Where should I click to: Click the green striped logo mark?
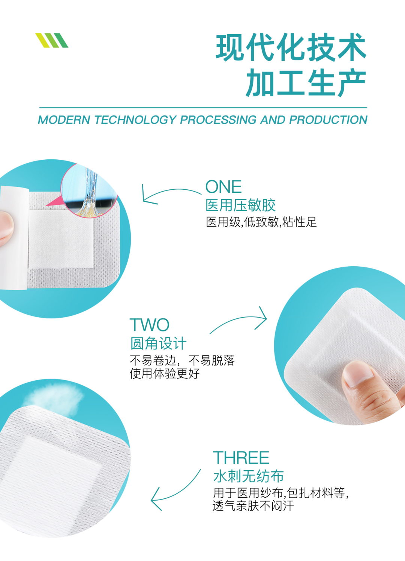52,40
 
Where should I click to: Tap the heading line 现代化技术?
291,48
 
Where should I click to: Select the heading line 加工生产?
306,83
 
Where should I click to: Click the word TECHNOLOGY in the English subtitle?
135,120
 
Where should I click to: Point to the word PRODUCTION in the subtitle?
328,120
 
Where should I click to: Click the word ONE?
223,187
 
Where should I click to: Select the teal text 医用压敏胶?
240,205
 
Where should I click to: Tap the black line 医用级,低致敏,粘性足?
261,222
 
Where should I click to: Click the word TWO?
149,325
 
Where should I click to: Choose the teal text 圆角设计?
158,343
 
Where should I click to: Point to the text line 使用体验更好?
164,373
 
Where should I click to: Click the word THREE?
241,458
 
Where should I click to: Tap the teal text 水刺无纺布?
248,476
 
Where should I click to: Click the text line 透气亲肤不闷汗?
253,506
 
